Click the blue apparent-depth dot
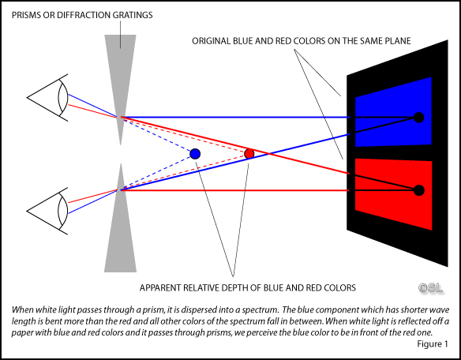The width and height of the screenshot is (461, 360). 195,154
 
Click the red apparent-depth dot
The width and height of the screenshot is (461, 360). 249,153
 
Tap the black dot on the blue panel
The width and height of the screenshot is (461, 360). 418,118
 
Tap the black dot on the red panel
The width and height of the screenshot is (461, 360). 418,190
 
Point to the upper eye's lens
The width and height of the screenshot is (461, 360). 62,97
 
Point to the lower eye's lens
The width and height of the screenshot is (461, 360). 62,211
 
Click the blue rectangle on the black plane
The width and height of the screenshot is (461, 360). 393,112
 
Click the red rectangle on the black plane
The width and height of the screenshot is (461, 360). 393,194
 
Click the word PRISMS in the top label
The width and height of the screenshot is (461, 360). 26,15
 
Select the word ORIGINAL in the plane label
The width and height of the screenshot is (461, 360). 211,41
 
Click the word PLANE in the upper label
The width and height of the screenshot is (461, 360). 398,41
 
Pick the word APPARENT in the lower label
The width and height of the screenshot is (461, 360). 160,287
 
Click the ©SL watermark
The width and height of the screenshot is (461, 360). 431,288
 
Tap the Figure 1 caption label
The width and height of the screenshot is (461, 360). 433,344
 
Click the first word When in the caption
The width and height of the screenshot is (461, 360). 22,309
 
